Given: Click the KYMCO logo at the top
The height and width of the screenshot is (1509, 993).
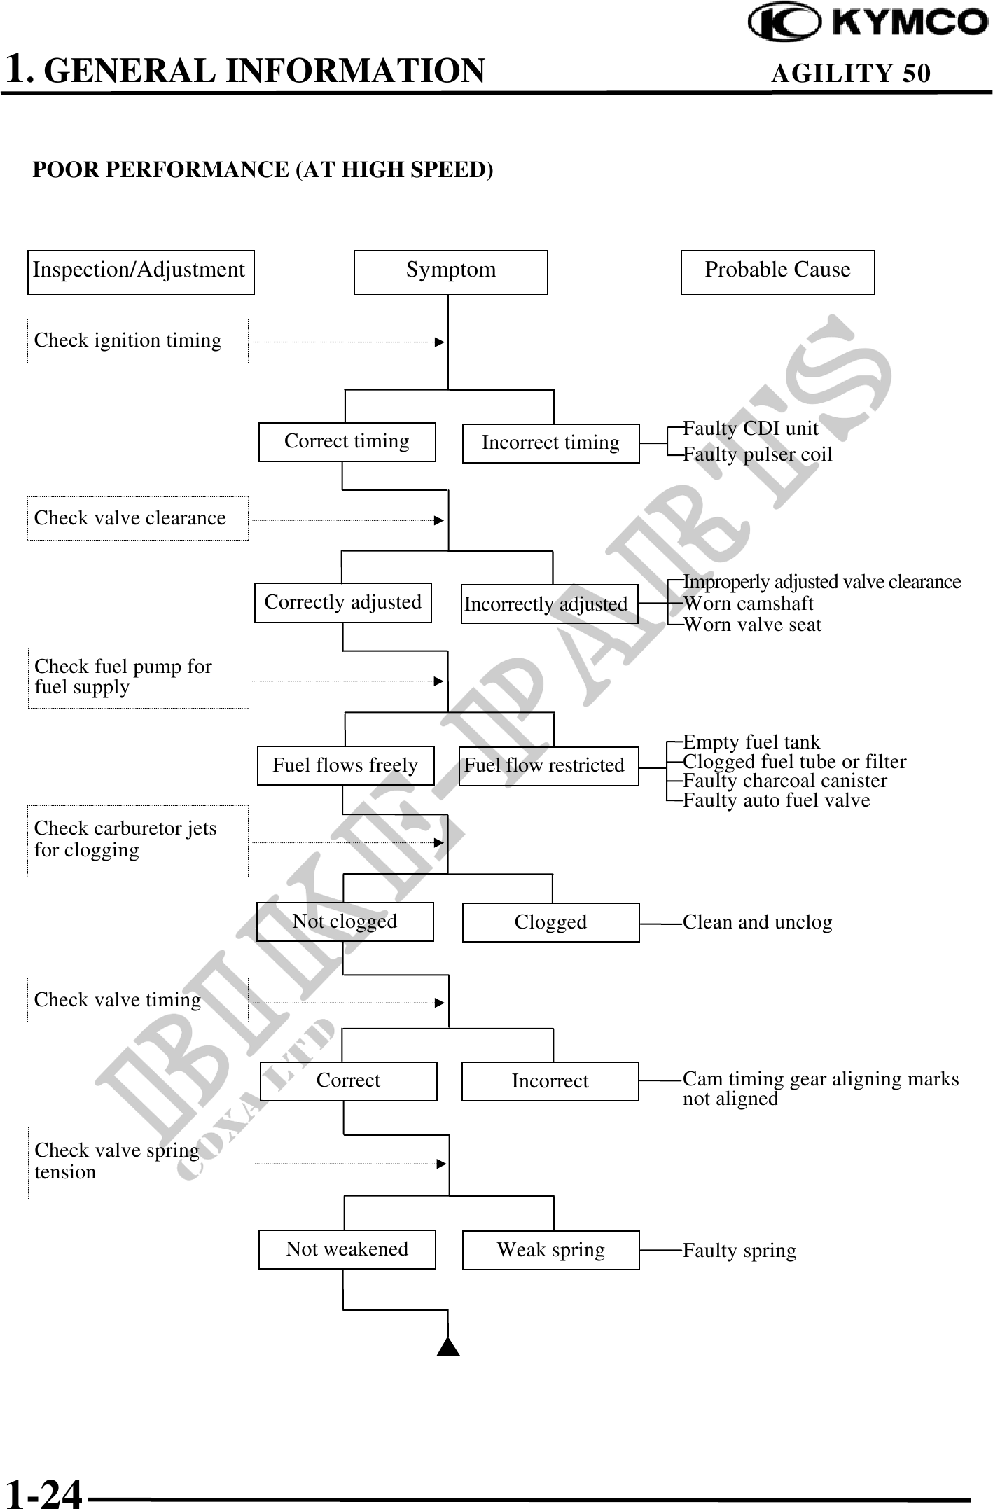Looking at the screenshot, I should pyautogui.click(x=868, y=22).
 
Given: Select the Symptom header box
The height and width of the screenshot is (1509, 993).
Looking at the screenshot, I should pyautogui.click(x=450, y=272).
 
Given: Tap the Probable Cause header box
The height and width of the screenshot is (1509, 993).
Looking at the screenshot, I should pyautogui.click(x=777, y=272).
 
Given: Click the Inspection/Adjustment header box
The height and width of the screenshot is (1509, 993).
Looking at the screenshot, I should pyautogui.click(x=140, y=272).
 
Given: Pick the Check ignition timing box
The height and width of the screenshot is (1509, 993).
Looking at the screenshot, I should pyautogui.click(x=137, y=341).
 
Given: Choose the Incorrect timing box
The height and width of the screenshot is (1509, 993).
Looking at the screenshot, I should pyautogui.click(x=550, y=443).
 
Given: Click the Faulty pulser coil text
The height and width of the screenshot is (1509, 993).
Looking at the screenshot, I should pyautogui.click(x=758, y=454).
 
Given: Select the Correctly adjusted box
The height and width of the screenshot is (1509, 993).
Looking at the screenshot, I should pyautogui.click(x=343, y=602).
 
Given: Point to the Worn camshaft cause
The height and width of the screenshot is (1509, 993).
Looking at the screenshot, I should pyautogui.click(x=748, y=604).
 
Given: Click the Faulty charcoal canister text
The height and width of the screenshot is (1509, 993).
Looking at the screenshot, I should pyautogui.click(x=784, y=781).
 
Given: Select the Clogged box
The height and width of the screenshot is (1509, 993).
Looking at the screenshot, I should pyautogui.click(x=550, y=922).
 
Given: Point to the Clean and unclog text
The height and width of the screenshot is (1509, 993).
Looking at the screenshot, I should pyautogui.click(x=757, y=922).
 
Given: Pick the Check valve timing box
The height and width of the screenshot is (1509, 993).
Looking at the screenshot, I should pyautogui.click(x=137, y=1000).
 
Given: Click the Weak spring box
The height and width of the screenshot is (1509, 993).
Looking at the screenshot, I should pyautogui.click(x=550, y=1250).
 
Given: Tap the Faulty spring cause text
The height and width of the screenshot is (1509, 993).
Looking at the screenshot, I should pyautogui.click(x=739, y=1251).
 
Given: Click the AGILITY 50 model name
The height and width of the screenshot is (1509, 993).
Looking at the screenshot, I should pyautogui.click(x=851, y=73).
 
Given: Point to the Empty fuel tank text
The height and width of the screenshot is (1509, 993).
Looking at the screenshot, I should pyautogui.click(x=751, y=742).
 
